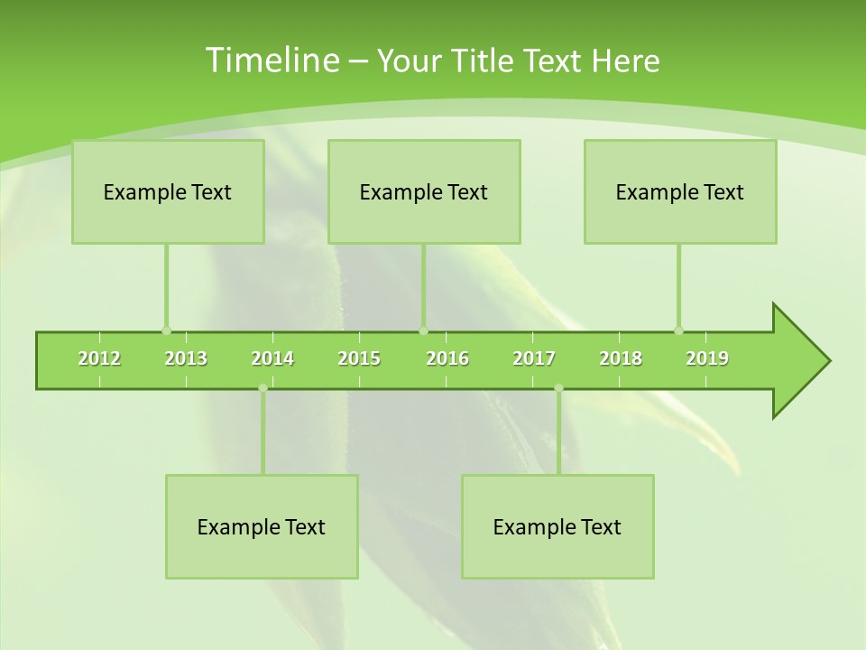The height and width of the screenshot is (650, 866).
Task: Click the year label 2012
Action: click(99, 358)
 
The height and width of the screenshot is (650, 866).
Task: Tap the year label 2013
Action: click(186, 358)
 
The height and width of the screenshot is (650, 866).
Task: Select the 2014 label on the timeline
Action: click(272, 358)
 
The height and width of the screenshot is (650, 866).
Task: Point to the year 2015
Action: click(359, 358)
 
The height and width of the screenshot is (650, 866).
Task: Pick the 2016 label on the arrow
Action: click(447, 358)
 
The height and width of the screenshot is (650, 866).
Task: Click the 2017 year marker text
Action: click(534, 358)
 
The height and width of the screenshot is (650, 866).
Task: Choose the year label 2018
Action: click(621, 358)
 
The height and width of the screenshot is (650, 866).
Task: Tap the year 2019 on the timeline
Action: click(707, 358)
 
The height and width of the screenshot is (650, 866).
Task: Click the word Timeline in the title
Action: click(271, 60)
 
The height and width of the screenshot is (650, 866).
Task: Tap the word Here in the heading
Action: click(625, 60)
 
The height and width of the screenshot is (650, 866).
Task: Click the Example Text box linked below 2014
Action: click(262, 526)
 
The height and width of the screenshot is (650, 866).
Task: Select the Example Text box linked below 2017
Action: click(557, 526)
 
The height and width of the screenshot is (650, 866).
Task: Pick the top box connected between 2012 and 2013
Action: click(168, 191)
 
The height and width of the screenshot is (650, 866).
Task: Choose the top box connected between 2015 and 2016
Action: click(424, 191)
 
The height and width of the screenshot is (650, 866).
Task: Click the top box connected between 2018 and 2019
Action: click(680, 191)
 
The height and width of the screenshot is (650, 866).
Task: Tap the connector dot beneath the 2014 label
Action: click(263, 388)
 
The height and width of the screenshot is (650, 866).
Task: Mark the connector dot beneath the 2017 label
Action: click(558, 388)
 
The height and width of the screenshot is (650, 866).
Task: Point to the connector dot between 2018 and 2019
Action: click(678, 330)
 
